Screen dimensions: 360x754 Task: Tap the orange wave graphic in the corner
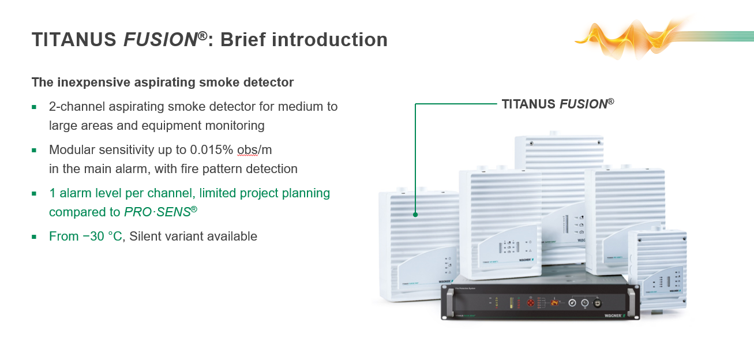tap(629, 36)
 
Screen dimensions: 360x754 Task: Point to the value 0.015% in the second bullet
tap(211, 150)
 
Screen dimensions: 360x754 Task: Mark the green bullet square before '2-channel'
tap(35, 107)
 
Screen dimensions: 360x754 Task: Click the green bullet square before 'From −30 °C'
tap(35, 237)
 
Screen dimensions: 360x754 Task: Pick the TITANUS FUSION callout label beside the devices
tap(557, 104)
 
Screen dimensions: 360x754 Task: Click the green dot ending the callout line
tap(415, 215)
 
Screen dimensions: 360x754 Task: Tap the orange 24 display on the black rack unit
tap(554, 302)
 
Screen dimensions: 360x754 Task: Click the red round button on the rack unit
tap(530, 302)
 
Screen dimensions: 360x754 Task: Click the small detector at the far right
tap(658, 268)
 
